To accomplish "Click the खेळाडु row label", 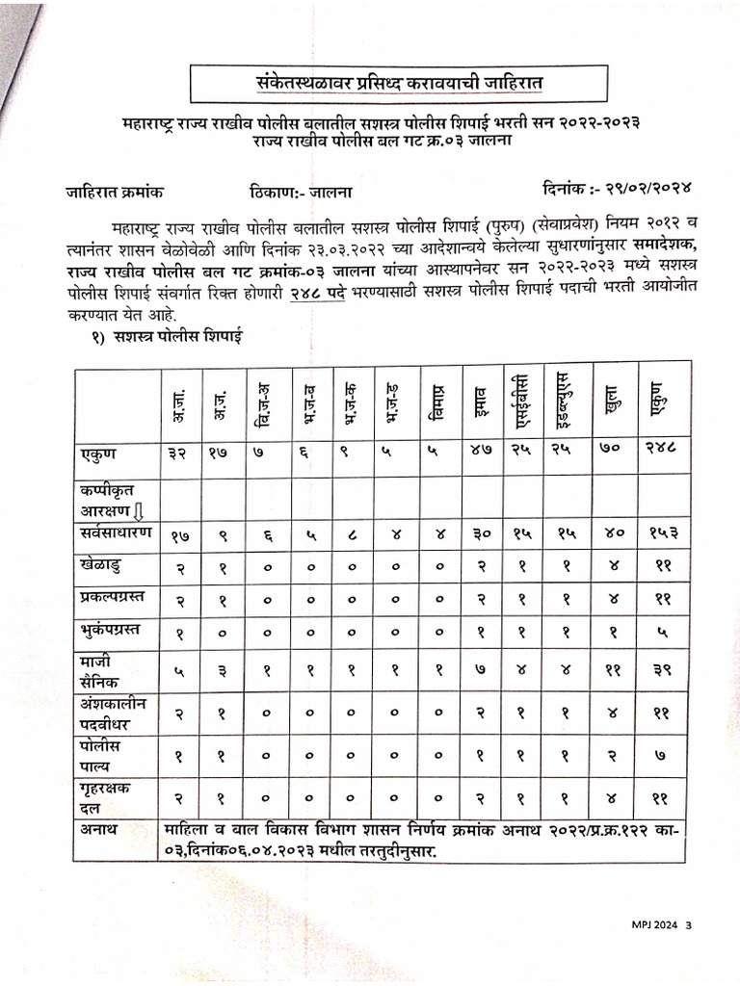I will pyautogui.click(x=102, y=562).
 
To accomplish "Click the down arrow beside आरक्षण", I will pyautogui.click(x=139, y=509).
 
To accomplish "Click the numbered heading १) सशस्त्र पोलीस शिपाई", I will pyautogui.click(x=167, y=338).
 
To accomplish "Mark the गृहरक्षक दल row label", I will pyautogui.click(x=104, y=797).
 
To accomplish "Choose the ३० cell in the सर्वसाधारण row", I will pyautogui.click(x=482, y=533).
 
